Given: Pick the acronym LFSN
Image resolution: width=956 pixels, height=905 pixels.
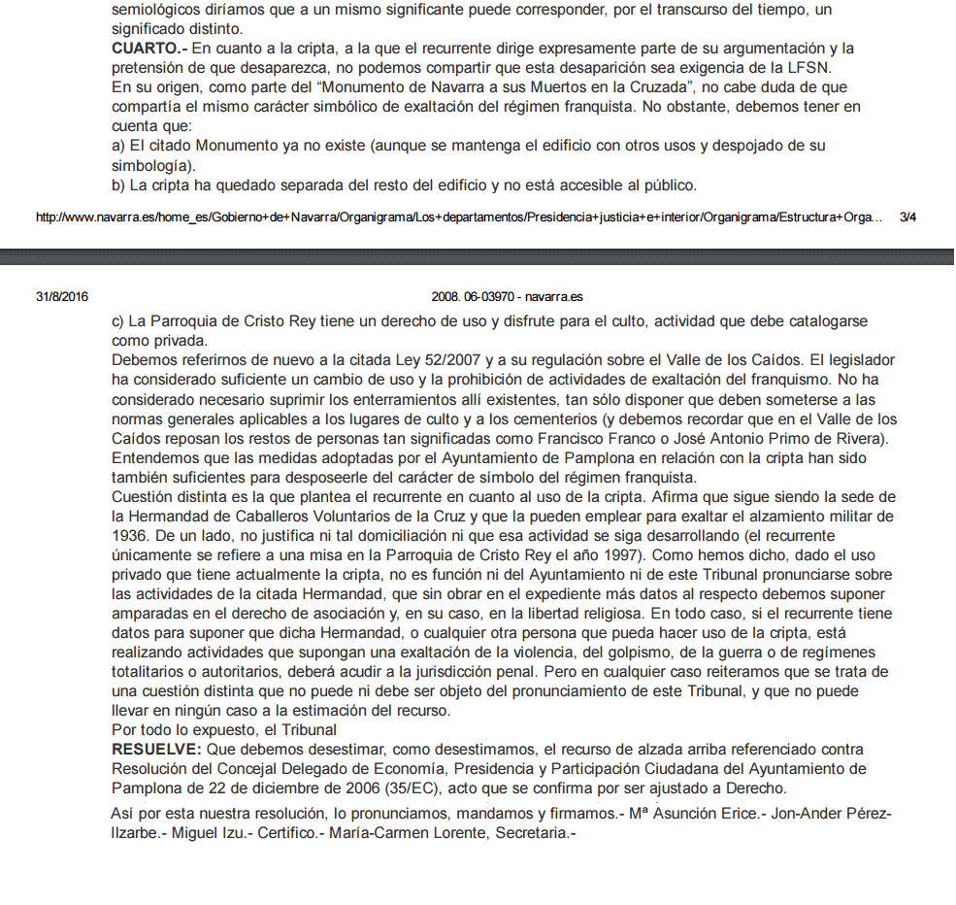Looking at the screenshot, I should pyautogui.click(x=810, y=67).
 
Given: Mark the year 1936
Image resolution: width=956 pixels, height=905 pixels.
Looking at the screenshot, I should pyautogui.click(x=129, y=535).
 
